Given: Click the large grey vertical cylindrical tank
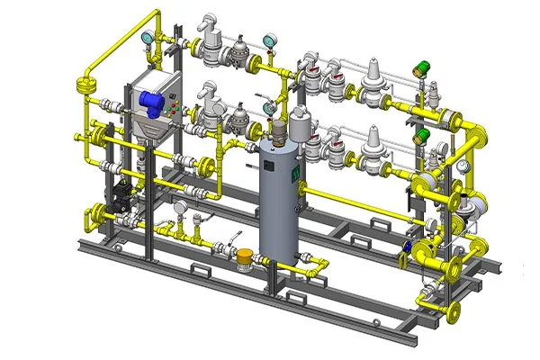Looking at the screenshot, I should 279,198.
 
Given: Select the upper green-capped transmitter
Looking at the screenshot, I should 419,67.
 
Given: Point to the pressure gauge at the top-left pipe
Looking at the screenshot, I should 145,38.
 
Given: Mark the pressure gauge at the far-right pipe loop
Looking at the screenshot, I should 462,166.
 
